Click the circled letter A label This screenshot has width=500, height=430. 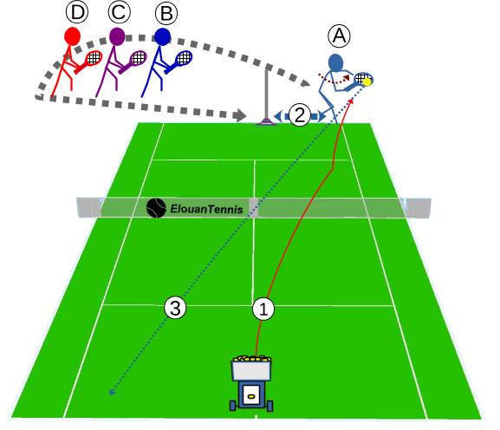coord(339,36)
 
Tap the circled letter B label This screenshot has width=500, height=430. coord(166,13)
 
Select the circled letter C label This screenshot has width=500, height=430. coord(119,12)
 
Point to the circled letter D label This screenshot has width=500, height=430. coord(77,12)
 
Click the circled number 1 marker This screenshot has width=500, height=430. coord(263,309)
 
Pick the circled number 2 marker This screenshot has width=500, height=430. coord(300,114)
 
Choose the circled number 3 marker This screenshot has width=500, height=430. coord(175,308)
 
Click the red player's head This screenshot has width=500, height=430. coord(72,36)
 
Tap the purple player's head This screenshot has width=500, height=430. coord(117,36)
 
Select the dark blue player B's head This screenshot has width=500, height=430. coord(163,37)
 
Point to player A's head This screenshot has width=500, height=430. coord(335,62)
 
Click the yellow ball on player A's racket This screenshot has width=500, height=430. coord(367,82)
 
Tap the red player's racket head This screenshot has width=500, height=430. coord(94,58)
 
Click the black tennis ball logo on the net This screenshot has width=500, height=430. coord(156,208)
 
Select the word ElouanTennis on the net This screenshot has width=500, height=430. coord(206,209)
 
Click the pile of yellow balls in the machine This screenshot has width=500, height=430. coord(252,359)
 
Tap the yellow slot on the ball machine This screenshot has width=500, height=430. coord(251,396)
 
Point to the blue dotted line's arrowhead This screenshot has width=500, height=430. coord(112,392)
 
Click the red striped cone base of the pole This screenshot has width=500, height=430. coord(266,121)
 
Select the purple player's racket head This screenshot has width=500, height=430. coord(139,58)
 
